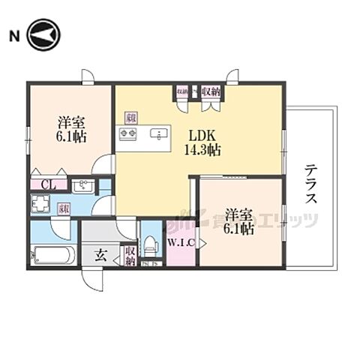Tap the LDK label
[202, 136]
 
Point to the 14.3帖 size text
[202, 150]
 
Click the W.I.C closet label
[180, 241]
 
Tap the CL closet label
[46, 184]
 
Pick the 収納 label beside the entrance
[130, 255]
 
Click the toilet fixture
[151, 243]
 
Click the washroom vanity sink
[85, 187]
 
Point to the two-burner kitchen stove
[125, 135]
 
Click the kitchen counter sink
[158, 135]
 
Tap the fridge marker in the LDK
[130, 117]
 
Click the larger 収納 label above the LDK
[210, 92]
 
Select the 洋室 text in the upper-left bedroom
[72, 121]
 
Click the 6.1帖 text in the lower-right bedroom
[240, 230]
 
